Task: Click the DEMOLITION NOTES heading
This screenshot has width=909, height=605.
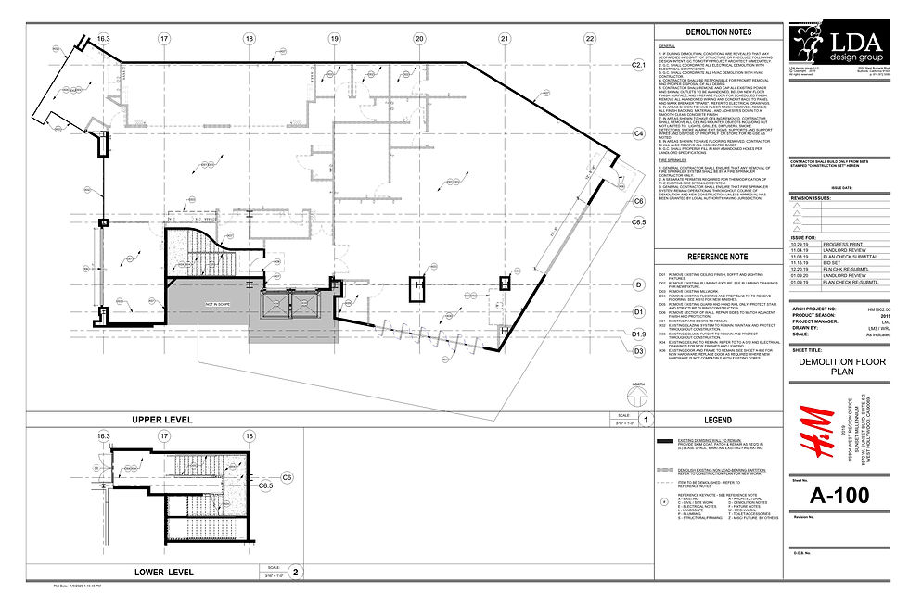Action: (x=719, y=32)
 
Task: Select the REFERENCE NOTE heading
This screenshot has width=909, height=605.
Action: (x=719, y=258)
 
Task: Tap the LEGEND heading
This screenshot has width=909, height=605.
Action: (x=719, y=420)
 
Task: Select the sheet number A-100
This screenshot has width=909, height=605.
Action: (x=839, y=498)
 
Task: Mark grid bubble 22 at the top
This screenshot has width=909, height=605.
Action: (x=589, y=38)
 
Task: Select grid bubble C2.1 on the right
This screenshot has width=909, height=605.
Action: (x=639, y=65)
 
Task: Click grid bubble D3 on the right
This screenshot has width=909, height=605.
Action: (x=639, y=351)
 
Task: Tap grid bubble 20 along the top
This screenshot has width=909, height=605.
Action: (x=419, y=38)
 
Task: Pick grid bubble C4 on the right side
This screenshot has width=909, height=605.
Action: (x=639, y=133)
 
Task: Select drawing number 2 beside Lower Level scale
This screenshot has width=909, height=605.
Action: (x=295, y=573)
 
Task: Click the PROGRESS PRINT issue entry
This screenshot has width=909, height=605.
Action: (x=839, y=244)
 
